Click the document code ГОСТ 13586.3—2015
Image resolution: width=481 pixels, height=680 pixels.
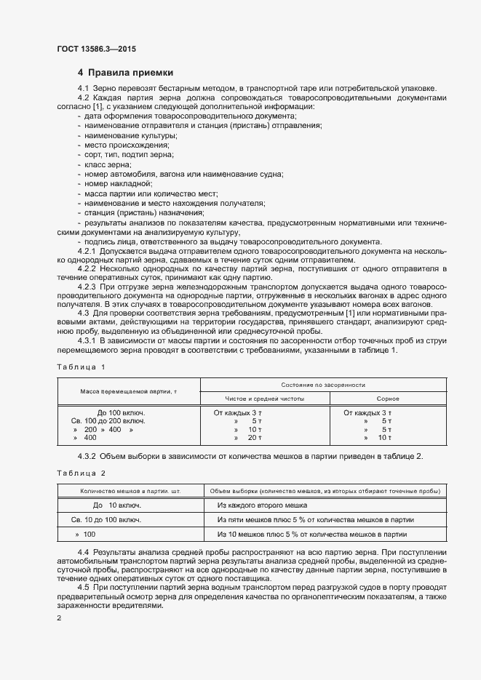tap(96, 49)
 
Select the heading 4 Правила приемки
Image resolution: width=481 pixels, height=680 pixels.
tap(125, 73)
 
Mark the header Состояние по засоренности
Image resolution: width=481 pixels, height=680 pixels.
tap(322, 384)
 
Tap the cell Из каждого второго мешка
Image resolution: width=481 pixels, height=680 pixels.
tap(262, 505)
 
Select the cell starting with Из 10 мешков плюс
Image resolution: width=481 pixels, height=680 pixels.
tap(322, 535)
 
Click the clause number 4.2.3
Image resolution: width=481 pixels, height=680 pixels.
tap(88, 288)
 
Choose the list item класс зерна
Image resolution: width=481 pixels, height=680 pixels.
tap(102, 166)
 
